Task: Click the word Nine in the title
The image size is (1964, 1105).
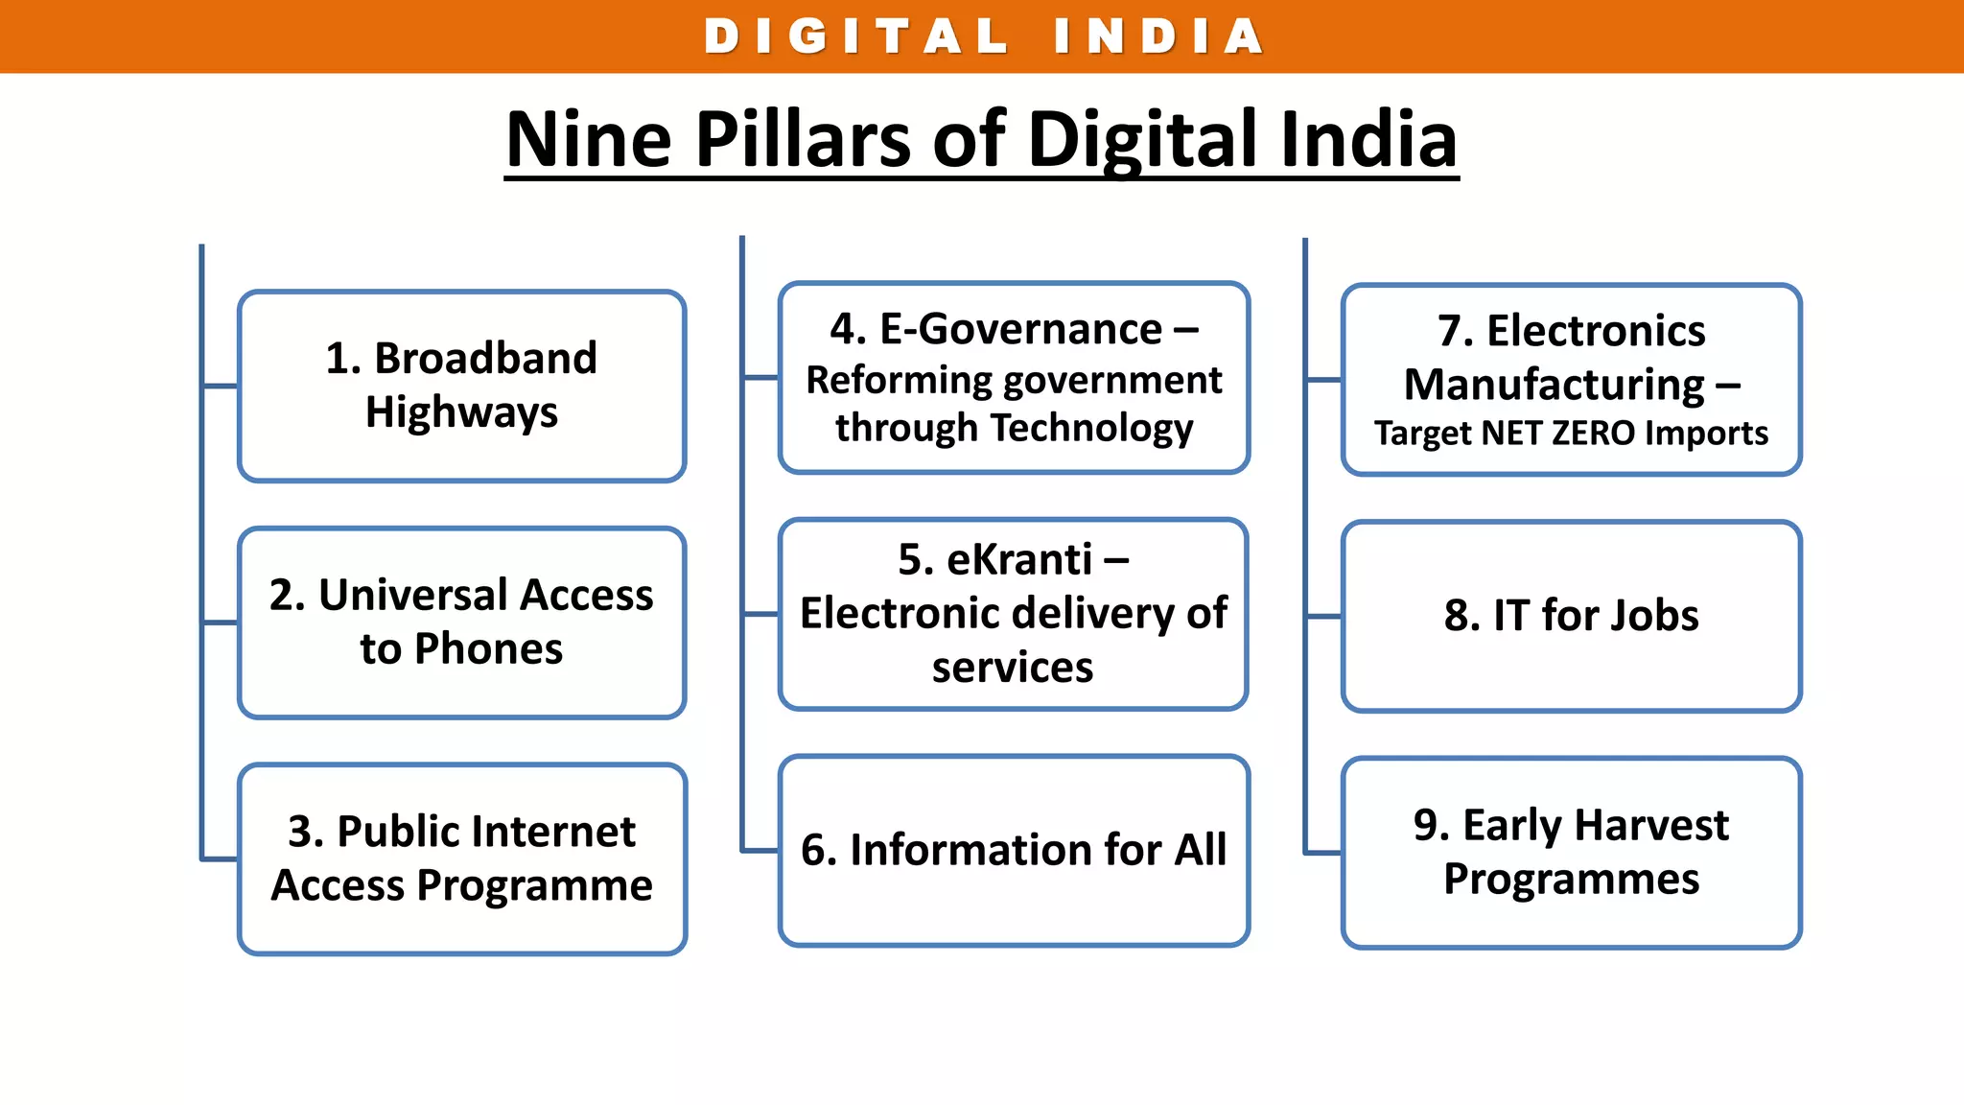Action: pos(589,140)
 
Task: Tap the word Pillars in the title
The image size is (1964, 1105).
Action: pos(802,140)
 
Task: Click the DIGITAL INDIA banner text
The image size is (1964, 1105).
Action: pos(982,36)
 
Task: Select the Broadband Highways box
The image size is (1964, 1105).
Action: pos(461,386)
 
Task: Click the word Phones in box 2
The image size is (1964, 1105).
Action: pos(490,649)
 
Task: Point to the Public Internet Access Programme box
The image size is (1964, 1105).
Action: pos(461,858)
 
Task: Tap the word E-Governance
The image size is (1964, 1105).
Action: pos(1021,330)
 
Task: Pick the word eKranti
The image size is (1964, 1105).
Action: pos(1019,559)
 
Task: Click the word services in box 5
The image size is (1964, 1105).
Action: pos(1013,668)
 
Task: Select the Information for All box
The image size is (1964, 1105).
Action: pos(1014,851)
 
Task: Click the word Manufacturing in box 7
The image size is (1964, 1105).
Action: pos(1555,385)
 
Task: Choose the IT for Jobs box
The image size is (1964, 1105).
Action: pos(1571,616)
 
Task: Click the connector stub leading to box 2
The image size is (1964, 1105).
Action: pos(221,623)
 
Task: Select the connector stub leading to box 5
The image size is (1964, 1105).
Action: pos(761,614)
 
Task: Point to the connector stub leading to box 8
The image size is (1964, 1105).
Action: pos(1324,617)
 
